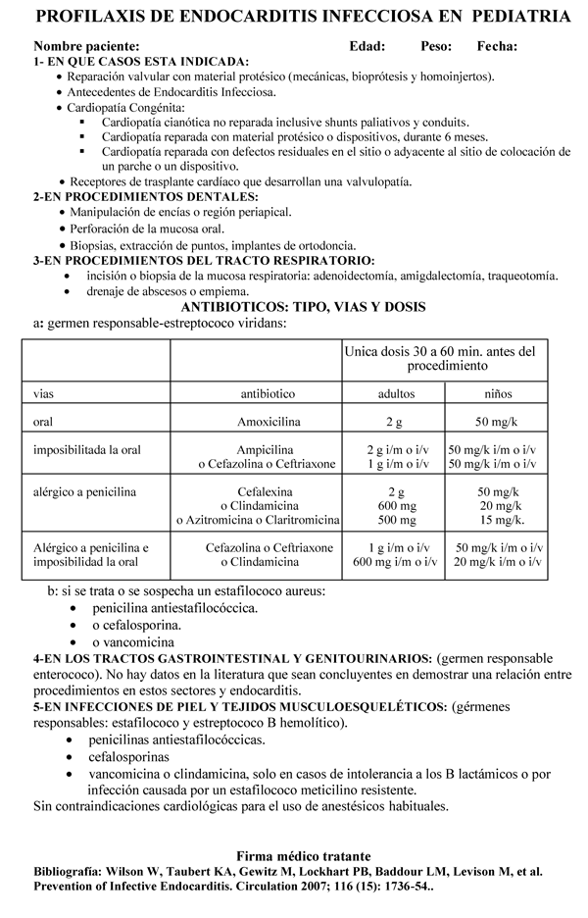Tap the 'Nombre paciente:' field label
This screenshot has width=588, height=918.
coord(80,46)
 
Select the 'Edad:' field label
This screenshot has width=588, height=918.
coord(367,46)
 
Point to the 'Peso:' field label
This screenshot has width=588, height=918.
coord(435,46)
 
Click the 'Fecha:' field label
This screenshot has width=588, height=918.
coord(497,46)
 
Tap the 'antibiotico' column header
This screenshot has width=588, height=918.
coord(268,393)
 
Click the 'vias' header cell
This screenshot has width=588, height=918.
coord(43,393)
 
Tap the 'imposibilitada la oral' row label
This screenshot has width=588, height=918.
coord(87,449)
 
